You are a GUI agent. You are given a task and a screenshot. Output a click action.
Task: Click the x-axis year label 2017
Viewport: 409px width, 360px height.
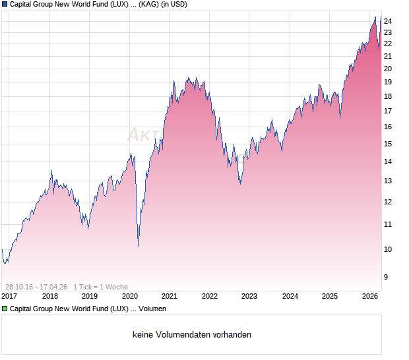tap(10, 296)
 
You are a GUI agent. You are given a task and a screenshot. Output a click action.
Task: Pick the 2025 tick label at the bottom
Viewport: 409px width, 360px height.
tap(329, 296)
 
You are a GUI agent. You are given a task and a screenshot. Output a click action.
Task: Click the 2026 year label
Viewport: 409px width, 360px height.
tap(369, 296)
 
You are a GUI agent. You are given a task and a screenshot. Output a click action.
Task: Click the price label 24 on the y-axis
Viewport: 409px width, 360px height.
tap(388, 21)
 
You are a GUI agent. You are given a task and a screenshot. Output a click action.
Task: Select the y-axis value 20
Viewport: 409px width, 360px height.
tap(388, 68)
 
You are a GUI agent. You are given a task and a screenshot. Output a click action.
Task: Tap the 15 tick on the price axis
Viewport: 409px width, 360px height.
tap(388, 144)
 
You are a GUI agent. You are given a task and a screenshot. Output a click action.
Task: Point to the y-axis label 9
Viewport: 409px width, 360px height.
tap(387, 277)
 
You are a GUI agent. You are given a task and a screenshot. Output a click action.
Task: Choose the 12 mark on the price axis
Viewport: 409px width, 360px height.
tap(388, 202)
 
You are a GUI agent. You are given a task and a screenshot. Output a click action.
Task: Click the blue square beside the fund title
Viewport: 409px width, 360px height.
tap(5, 5)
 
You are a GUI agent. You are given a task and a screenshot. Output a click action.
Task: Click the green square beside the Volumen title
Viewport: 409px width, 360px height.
tap(5, 309)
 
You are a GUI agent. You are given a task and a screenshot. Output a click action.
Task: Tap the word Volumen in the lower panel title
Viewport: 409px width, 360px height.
tap(152, 309)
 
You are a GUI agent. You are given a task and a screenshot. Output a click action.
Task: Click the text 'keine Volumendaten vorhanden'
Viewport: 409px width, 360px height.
tap(192, 335)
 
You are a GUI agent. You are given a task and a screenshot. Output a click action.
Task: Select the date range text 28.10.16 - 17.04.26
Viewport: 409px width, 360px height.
tap(36, 287)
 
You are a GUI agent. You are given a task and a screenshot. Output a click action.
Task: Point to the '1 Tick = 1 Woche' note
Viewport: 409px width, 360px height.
tap(100, 287)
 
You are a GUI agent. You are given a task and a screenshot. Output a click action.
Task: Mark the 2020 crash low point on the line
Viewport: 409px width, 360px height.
tap(138, 246)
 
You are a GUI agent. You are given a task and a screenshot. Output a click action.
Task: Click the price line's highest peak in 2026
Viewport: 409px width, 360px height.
tap(375, 17)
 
